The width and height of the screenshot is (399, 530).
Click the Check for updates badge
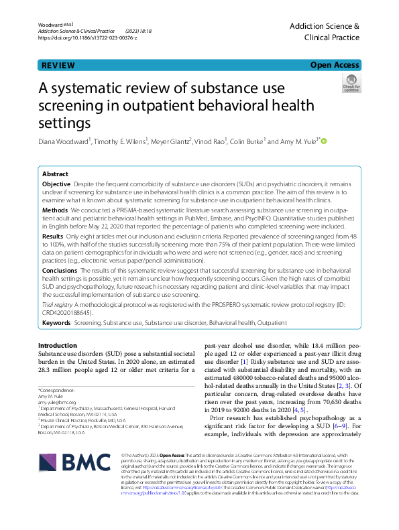351,84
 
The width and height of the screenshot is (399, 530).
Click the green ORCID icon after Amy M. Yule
325,142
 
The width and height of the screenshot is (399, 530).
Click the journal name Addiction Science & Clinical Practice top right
324,32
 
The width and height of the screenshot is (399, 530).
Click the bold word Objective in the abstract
56,183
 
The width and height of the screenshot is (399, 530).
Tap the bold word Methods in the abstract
55,209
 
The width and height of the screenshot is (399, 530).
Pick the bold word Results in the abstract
53,236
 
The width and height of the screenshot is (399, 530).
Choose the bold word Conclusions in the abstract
59,270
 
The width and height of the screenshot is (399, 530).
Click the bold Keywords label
56,322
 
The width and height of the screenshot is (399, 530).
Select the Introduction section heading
58,345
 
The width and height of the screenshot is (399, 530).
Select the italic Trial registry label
57,304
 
